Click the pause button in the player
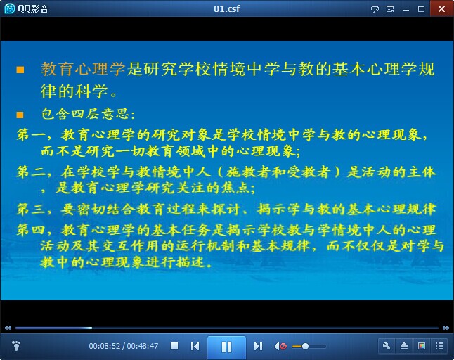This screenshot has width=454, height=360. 226,347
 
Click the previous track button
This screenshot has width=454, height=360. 195,346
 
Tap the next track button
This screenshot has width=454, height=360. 258,346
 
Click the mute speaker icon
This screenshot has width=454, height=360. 280,346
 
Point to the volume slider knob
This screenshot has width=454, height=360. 305,346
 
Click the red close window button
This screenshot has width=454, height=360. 441,8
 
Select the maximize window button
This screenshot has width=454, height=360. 421,9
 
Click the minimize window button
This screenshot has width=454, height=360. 406,11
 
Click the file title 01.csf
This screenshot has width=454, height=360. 226,8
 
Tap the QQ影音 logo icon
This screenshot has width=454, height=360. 10,8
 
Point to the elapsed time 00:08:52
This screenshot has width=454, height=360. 104,346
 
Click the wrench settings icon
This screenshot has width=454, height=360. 387,346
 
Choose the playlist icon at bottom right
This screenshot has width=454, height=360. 439,346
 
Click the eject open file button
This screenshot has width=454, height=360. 404,346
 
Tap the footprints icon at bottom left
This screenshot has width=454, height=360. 16,345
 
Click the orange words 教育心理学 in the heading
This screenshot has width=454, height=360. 83,69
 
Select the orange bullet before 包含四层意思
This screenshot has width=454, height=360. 20,115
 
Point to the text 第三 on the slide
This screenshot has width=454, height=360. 30,209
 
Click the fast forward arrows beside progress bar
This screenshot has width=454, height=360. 446,328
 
